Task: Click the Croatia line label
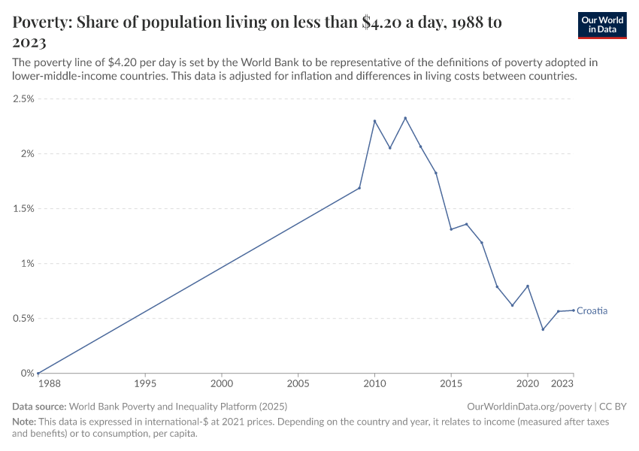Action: click(x=592, y=310)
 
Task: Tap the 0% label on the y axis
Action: click(x=28, y=374)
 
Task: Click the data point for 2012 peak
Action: click(x=405, y=118)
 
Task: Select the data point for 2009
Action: click(x=359, y=188)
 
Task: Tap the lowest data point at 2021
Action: click(x=543, y=329)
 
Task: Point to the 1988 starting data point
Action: click(x=38, y=373)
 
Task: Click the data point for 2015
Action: click(x=451, y=229)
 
